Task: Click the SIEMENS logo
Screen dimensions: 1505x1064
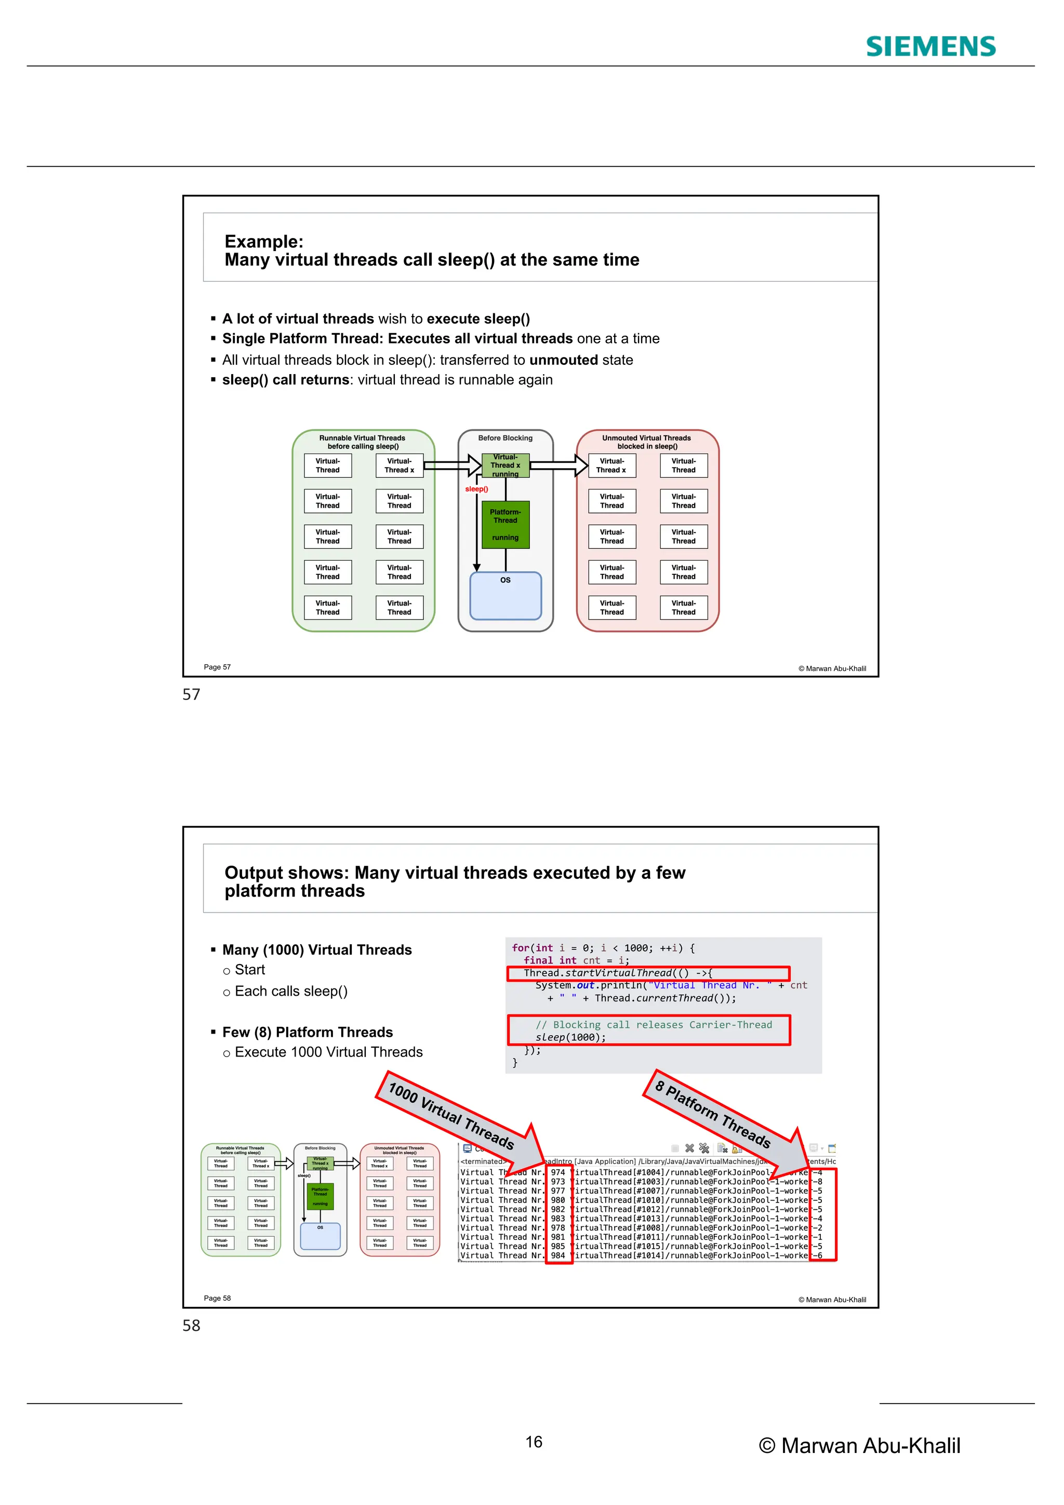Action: tap(930, 47)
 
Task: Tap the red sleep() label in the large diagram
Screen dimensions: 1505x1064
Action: tap(476, 489)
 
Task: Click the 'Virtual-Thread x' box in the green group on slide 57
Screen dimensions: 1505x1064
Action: tap(399, 466)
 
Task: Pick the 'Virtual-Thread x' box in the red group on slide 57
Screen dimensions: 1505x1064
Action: tap(611, 466)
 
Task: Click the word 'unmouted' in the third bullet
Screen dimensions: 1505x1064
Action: tap(564, 360)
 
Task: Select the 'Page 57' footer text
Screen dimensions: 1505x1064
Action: tap(217, 667)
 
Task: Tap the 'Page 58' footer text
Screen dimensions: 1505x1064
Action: tap(217, 1299)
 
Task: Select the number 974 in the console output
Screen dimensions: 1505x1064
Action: tap(557, 1173)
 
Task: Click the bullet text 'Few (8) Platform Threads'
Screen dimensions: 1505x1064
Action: tap(307, 1033)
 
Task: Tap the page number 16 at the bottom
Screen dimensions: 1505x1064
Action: tap(534, 1442)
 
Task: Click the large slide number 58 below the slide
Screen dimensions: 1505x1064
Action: tap(191, 1325)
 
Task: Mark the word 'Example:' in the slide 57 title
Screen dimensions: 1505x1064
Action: tap(263, 242)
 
